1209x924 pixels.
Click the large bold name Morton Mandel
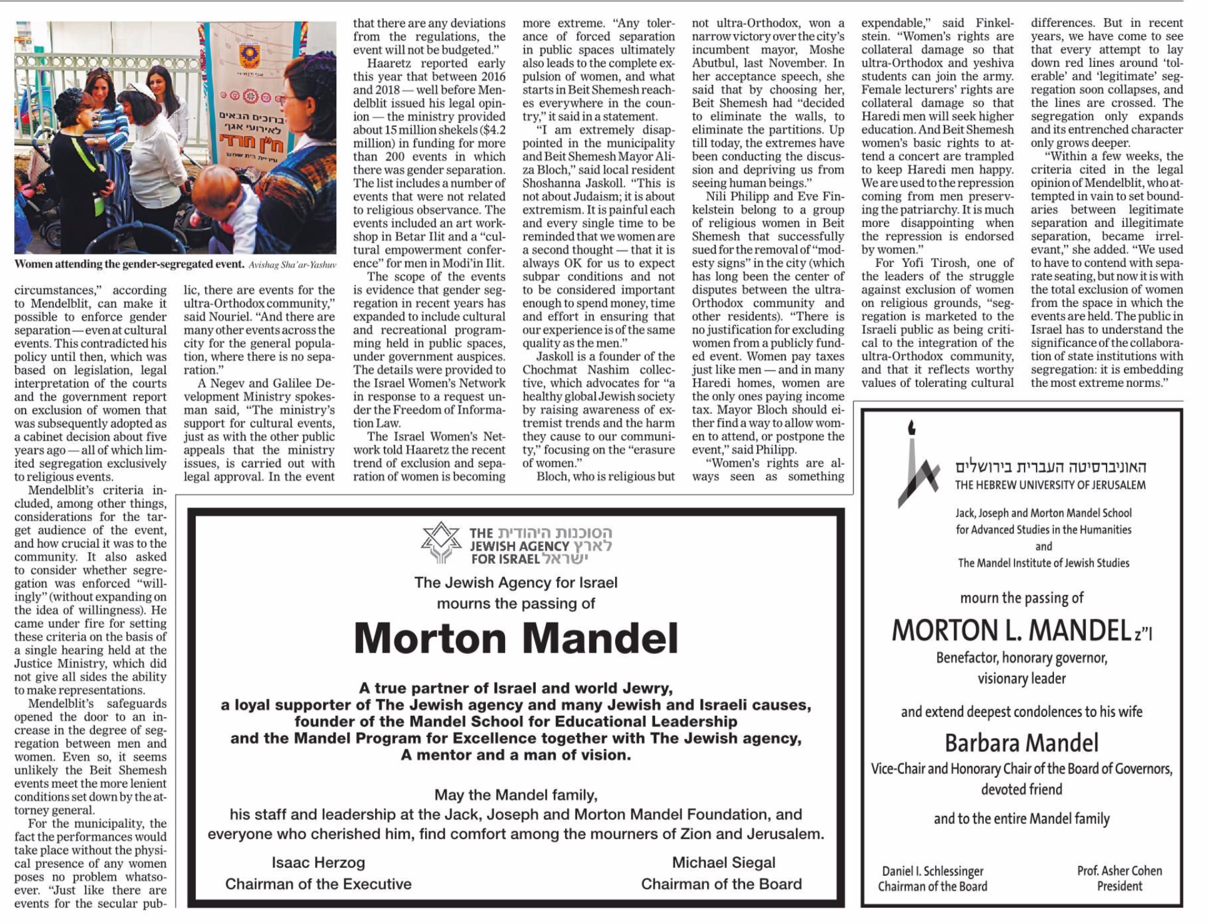tap(516, 638)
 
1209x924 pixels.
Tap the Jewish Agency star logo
tap(441, 542)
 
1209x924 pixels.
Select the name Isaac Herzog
tap(318, 863)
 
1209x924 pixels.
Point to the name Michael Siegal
tap(723, 863)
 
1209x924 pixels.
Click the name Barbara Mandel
tap(1021, 743)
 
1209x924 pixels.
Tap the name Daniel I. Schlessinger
tap(933, 871)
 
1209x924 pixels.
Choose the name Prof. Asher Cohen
tap(1119, 870)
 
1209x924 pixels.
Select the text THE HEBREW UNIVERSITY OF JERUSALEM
tap(1050, 485)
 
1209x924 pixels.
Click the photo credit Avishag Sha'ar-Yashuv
tap(292, 265)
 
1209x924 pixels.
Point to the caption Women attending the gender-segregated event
tap(129, 264)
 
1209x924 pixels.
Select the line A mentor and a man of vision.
tap(516, 755)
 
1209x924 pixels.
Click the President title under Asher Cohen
tap(1119, 886)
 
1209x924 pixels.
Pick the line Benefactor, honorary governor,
tap(1021, 658)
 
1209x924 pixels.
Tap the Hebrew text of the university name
tap(1050, 467)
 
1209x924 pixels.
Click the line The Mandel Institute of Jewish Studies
tap(1043, 563)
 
